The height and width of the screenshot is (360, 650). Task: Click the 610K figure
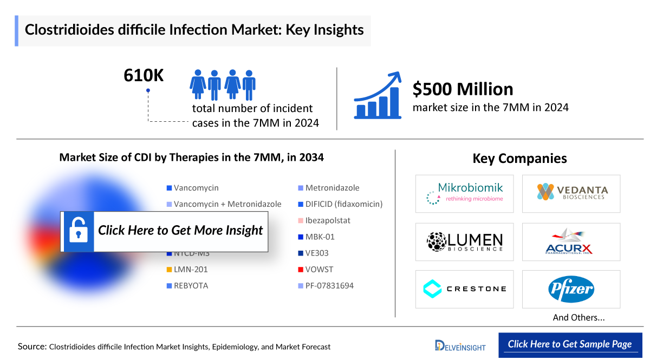coord(144,76)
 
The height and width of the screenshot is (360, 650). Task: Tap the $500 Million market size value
coord(463,89)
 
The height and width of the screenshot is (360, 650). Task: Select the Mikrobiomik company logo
coord(464,193)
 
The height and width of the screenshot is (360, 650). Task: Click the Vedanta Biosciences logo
coord(571,193)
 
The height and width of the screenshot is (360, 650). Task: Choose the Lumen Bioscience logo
coord(464,241)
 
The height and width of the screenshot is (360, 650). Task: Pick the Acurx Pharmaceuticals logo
coord(571,241)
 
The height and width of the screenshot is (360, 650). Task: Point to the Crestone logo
coord(464,289)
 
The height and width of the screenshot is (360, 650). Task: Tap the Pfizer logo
coord(571,289)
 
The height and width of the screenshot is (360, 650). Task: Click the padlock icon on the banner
coord(79,231)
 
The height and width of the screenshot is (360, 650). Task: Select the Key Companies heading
coord(519,159)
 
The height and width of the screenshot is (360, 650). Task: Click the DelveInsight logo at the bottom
coord(460,345)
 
